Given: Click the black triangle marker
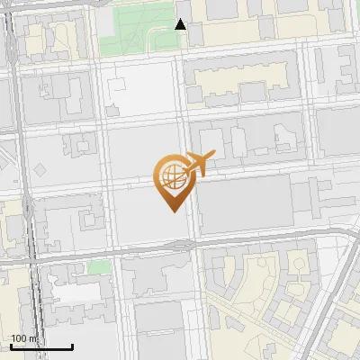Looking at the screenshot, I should click(181, 24).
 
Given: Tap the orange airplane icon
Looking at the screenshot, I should click(200, 163).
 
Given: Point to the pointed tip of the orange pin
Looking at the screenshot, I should click(171, 211).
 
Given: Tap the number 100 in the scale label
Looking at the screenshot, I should click(18, 338).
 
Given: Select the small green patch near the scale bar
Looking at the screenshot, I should click(99, 267).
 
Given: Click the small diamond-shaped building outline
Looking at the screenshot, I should click(40, 168).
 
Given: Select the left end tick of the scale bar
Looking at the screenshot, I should click(12, 346).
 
